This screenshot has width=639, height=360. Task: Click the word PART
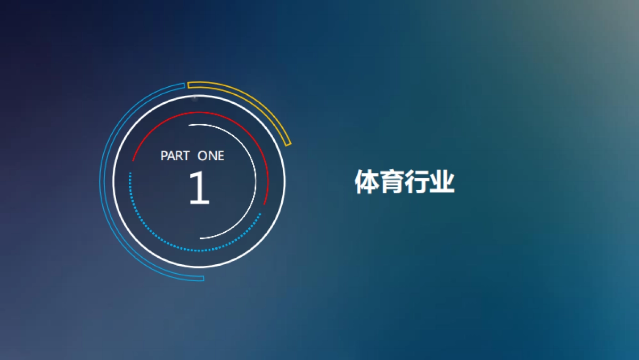tap(175, 156)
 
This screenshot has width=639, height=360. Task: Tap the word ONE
tap(211, 156)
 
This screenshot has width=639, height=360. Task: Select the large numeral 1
tap(200, 188)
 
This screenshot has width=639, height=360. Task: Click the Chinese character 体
tap(367, 182)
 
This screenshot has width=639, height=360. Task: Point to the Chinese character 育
tap(392, 182)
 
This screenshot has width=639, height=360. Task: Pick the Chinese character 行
tap(417, 182)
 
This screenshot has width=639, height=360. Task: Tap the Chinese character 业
tap(442, 182)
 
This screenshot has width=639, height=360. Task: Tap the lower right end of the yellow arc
tap(289, 144)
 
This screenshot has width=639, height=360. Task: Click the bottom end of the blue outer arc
tap(202, 279)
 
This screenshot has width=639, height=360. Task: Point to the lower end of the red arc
tap(265, 203)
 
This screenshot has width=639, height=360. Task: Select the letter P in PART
tap(164, 156)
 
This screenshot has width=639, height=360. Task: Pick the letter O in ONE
tap(203, 156)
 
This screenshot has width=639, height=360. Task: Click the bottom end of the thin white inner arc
tap(201, 239)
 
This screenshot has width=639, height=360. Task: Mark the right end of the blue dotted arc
tap(260, 214)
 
